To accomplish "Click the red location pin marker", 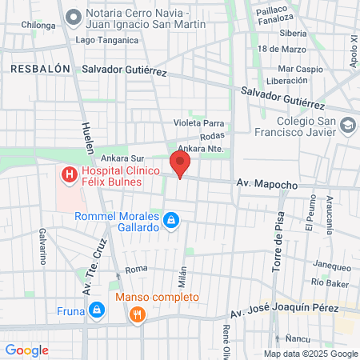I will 180,164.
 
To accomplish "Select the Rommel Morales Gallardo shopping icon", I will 170,221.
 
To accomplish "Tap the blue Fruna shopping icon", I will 96,309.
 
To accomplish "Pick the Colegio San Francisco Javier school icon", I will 349,125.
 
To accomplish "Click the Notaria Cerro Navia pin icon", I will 74,16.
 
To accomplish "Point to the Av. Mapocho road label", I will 266,185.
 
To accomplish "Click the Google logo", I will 26,350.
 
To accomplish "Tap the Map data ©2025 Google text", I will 311,354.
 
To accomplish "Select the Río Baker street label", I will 328,282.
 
